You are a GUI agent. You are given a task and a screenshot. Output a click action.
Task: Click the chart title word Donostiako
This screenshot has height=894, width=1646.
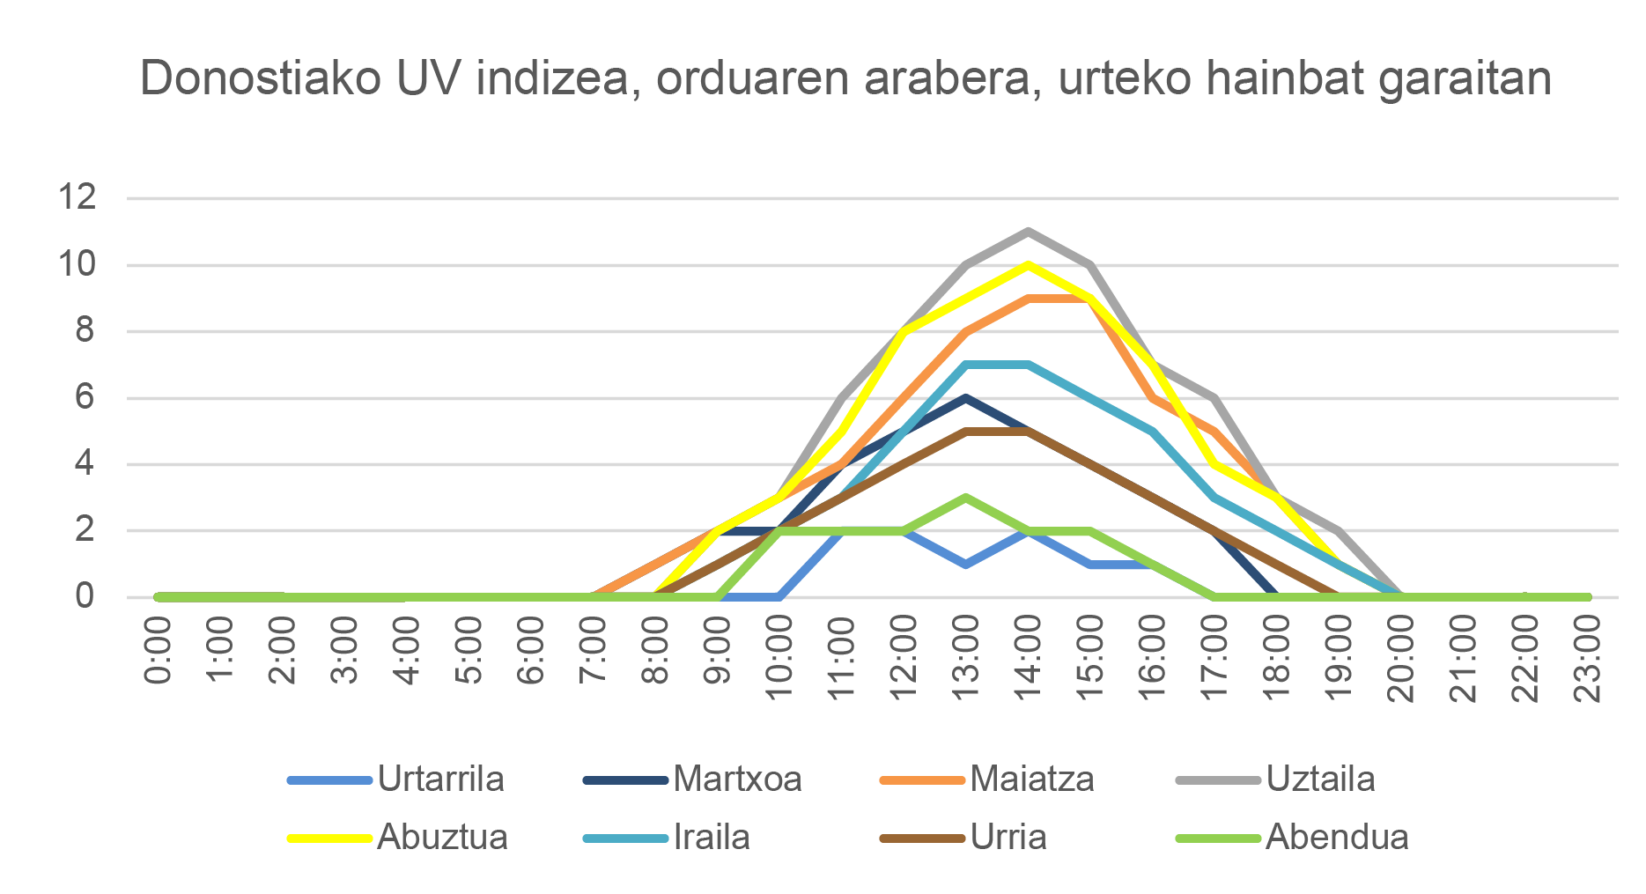(x=261, y=79)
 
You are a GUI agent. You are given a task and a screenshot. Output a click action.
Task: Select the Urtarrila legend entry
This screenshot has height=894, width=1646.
(x=439, y=779)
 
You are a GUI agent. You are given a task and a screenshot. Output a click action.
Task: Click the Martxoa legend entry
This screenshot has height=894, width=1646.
(x=737, y=779)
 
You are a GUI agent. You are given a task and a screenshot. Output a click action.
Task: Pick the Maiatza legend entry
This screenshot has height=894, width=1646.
(x=1031, y=779)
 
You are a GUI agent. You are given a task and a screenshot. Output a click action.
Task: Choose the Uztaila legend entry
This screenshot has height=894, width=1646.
(x=1319, y=779)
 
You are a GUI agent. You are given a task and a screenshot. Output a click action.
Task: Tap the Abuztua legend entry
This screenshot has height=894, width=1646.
(x=442, y=837)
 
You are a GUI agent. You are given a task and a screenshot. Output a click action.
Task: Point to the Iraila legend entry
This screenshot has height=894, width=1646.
(x=711, y=837)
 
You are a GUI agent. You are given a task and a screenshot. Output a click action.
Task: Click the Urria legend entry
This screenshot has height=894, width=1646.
(x=1008, y=837)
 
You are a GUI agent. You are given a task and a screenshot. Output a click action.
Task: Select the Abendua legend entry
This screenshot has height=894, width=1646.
(x=1336, y=837)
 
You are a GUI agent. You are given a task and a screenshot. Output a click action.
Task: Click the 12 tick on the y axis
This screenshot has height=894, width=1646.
(x=77, y=197)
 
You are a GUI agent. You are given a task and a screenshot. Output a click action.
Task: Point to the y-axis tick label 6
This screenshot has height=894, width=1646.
(x=85, y=397)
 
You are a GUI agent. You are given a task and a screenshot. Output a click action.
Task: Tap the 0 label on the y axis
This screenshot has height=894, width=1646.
(x=85, y=596)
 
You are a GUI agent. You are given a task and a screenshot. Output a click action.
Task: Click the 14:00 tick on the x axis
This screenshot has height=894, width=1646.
(x=1028, y=658)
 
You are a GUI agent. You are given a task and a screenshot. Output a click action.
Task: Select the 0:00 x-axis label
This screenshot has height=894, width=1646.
(x=159, y=652)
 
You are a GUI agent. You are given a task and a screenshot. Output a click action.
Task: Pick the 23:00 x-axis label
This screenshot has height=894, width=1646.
(x=1587, y=658)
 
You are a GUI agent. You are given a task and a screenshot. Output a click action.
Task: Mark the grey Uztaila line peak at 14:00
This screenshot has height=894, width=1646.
(x=1028, y=232)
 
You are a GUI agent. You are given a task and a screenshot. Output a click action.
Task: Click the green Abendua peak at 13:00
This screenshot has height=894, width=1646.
(x=966, y=498)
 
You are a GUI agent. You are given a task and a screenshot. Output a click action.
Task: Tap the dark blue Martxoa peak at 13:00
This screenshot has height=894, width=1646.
(x=966, y=398)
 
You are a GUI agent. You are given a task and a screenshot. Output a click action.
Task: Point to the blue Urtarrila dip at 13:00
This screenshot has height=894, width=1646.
(x=966, y=564)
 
